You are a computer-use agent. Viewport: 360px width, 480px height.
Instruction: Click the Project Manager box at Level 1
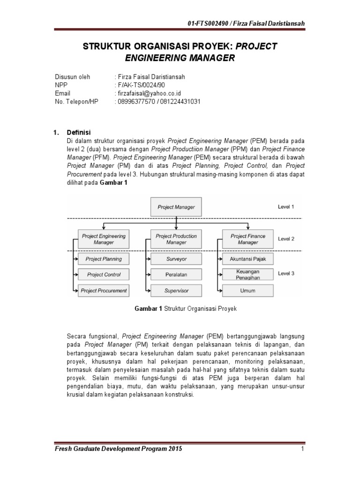coord(176,207)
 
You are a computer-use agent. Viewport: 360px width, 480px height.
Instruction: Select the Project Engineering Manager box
coord(104,239)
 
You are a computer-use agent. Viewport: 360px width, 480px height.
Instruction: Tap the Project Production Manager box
coord(176,239)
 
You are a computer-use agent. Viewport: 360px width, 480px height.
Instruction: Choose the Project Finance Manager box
coord(248,239)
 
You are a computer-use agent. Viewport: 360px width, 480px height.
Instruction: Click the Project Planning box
coord(104,259)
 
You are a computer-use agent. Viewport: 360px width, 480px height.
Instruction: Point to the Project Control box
coord(104,275)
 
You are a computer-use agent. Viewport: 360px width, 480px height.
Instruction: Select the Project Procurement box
coord(104,291)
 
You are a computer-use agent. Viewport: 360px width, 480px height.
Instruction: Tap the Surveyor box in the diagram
coord(176,259)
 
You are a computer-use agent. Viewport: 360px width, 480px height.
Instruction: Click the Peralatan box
coord(176,275)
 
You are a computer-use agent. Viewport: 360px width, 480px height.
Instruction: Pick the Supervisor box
coord(176,291)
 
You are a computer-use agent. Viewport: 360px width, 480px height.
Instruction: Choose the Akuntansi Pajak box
coord(248,259)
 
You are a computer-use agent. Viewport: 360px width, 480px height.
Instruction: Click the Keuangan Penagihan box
coord(248,275)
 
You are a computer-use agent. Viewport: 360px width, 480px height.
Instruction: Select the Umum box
coord(248,291)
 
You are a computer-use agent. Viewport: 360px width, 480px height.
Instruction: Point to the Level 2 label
coord(286,239)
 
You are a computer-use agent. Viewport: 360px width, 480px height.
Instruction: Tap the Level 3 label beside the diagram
coord(286,273)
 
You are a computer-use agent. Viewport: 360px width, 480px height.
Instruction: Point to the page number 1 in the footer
coord(303,449)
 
